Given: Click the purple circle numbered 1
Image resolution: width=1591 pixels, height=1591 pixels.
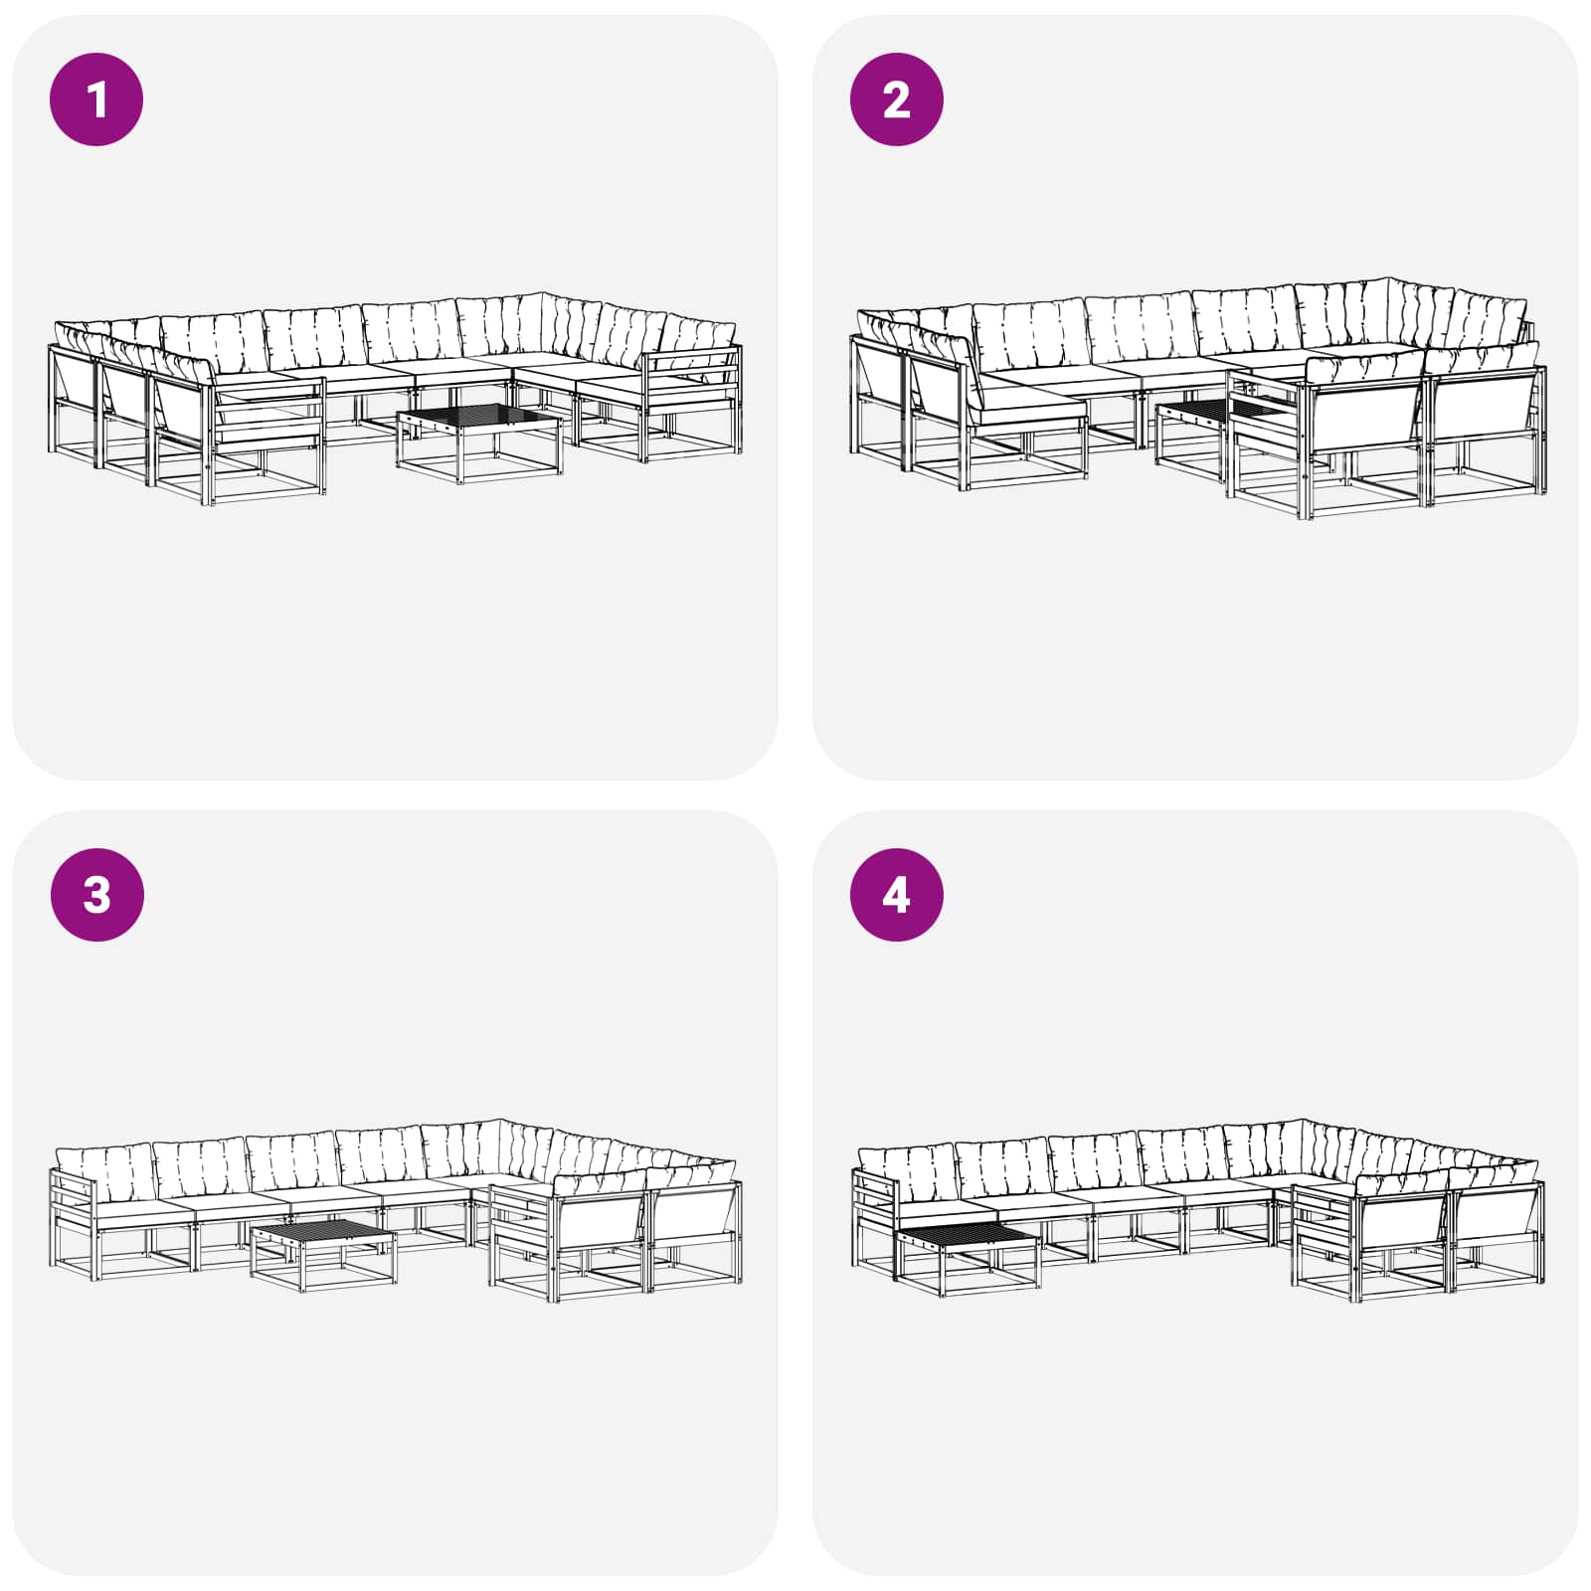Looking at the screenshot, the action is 96,99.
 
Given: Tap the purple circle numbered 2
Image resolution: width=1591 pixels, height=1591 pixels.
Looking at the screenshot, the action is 896,99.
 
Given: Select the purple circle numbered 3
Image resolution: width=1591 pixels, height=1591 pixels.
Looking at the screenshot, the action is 96,895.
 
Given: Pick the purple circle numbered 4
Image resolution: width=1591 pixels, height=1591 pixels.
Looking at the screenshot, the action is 896,895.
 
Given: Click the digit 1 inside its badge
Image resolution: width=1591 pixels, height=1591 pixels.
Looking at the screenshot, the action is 96,99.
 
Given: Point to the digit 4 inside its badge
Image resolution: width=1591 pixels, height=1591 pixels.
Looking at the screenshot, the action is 896,895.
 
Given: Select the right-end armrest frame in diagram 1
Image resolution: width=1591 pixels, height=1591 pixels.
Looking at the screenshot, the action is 692,402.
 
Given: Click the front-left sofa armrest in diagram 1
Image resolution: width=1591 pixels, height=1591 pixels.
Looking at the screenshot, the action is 266,441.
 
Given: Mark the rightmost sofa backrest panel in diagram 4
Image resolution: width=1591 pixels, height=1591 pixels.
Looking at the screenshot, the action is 1497,1214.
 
